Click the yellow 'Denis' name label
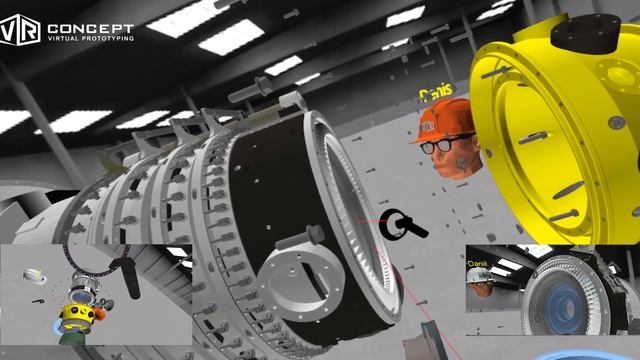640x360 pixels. (x=436, y=93)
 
